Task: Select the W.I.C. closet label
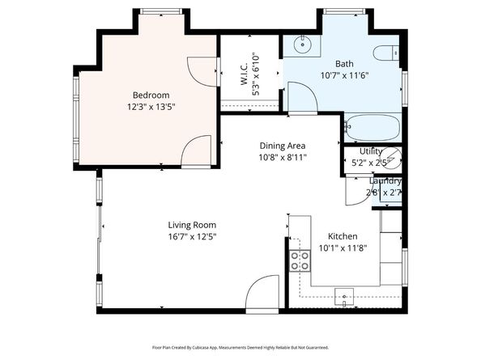click(249, 70)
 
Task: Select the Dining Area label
click(283, 145)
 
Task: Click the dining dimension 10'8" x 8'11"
click(283, 157)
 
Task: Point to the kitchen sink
click(347, 297)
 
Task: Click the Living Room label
click(192, 224)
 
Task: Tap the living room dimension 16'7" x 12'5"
click(192, 236)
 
